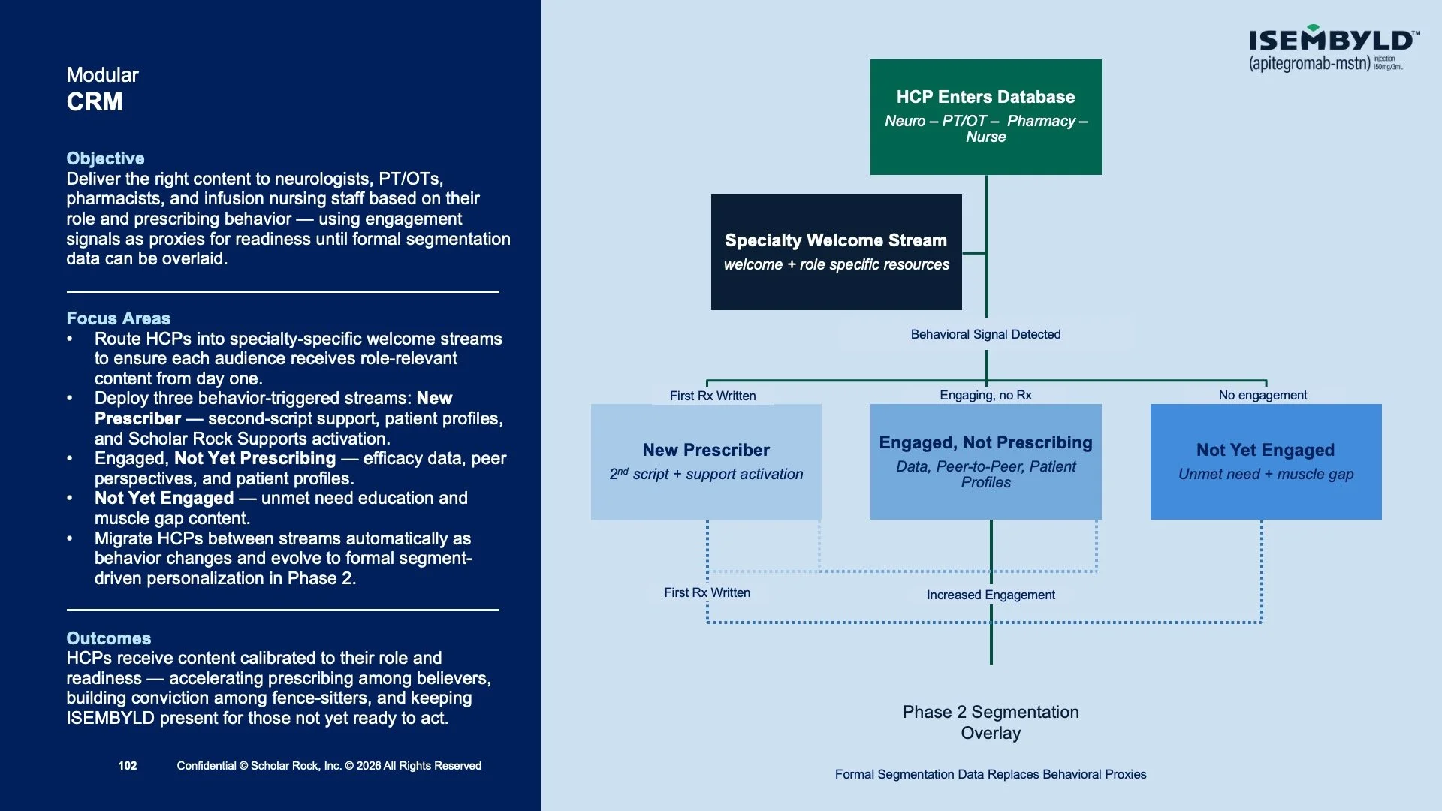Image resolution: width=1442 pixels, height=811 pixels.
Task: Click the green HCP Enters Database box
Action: [x=985, y=117]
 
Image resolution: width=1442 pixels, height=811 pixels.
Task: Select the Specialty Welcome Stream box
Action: [x=836, y=252]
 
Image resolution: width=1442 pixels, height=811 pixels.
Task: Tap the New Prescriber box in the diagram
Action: [x=706, y=462]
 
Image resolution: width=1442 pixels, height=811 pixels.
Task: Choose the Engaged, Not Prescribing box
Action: [x=985, y=462]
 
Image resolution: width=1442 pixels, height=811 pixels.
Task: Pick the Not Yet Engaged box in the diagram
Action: [x=1266, y=462]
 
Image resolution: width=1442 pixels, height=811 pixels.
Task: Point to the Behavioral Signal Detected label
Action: [x=985, y=334]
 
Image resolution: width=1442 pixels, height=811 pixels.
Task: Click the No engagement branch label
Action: [x=1263, y=395]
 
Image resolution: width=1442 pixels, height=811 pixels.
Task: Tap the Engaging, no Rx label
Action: [x=985, y=395]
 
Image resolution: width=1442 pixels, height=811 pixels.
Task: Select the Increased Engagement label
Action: [x=991, y=595]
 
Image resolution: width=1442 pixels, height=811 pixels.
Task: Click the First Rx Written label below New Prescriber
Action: [x=707, y=592]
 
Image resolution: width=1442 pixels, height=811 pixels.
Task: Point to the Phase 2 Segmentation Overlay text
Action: [x=991, y=722]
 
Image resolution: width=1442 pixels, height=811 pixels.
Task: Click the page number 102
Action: [x=128, y=766]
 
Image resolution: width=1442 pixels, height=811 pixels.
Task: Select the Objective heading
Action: [x=105, y=158]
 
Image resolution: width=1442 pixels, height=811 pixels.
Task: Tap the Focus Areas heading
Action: [x=118, y=318]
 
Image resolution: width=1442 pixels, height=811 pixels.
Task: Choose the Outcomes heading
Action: [x=108, y=638]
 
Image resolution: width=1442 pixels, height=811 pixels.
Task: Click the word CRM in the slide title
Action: [x=95, y=102]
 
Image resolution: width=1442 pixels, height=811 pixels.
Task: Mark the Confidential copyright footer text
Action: [x=329, y=766]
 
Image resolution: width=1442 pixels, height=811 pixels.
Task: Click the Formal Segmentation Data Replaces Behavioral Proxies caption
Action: [x=991, y=774]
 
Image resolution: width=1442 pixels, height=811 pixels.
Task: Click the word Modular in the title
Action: [x=102, y=75]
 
